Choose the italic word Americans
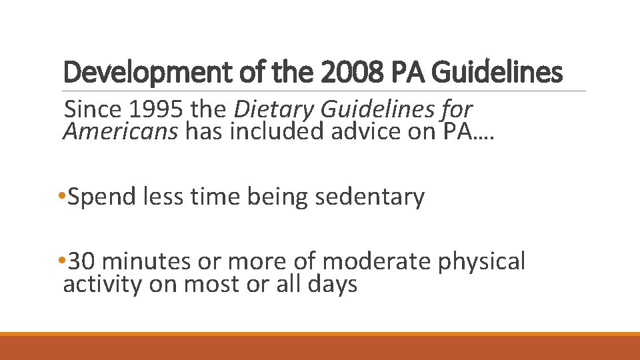coord(121,132)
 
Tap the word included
coord(280,132)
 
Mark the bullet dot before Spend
coord(61,197)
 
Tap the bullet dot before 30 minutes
coord(61,261)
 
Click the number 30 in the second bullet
coord(83,261)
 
